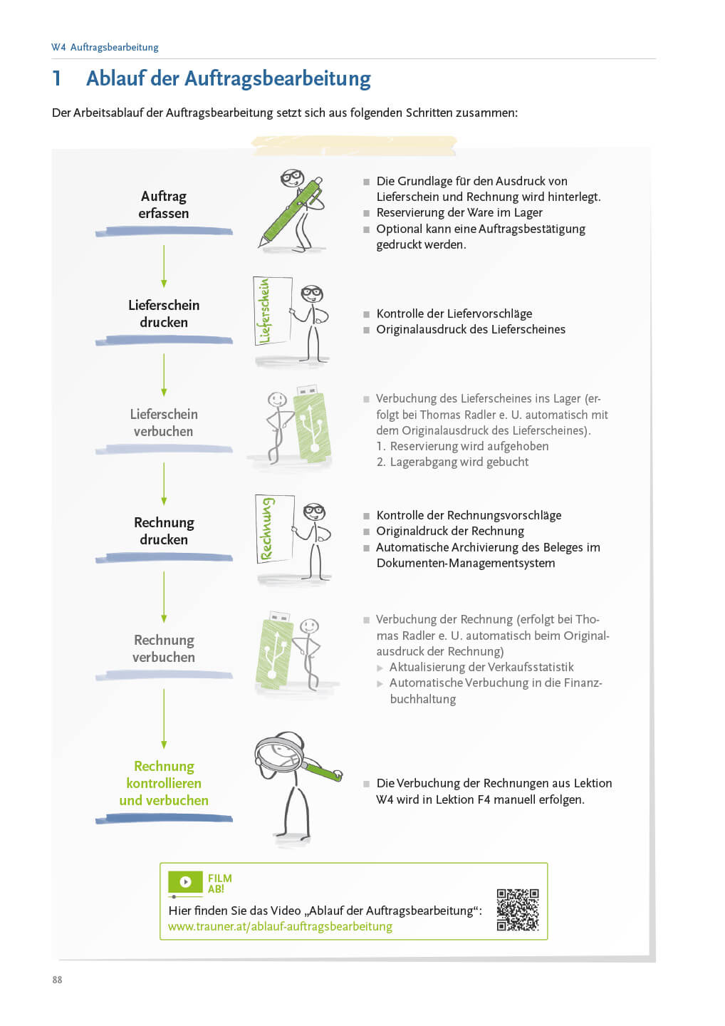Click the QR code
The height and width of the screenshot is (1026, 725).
point(517,909)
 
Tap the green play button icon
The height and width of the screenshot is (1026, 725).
point(185,881)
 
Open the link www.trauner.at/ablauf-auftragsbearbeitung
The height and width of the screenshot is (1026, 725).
point(280,926)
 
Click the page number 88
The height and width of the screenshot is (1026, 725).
point(57,980)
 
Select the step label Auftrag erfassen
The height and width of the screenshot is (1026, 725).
point(164,204)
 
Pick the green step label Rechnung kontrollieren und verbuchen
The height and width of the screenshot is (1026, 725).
point(164,783)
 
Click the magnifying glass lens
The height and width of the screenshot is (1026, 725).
point(278,754)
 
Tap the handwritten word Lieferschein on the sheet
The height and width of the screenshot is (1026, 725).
point(265,311)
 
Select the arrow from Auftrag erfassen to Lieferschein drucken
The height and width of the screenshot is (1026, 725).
point(164,265)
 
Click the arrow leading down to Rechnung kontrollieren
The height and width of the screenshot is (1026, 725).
point(164,718)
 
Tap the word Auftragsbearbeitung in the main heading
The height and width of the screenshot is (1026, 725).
point(277,78)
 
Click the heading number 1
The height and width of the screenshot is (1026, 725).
point(57,78)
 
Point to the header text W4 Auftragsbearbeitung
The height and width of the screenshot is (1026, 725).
point(105,47)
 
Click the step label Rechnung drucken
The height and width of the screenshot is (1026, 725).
point(164,531)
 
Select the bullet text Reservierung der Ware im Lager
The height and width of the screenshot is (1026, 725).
point(459,212)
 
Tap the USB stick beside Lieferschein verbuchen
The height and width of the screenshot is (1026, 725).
point(311,425)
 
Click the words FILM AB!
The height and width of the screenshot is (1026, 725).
point(219,883)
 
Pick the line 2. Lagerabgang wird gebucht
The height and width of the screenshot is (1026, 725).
point(452,462)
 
